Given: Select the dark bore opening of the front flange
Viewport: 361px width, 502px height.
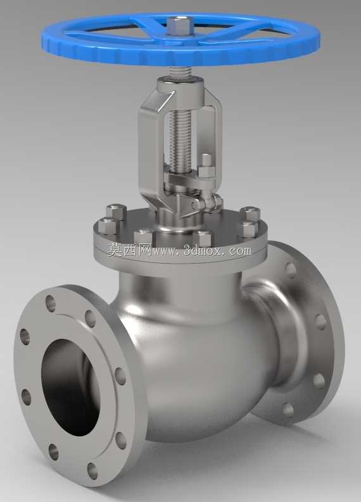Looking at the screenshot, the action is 70,387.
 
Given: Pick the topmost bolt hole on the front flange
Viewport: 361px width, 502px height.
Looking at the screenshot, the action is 50,303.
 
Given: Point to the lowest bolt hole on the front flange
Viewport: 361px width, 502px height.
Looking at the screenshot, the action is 92,470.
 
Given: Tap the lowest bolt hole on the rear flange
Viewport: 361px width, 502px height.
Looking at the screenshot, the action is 288,410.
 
